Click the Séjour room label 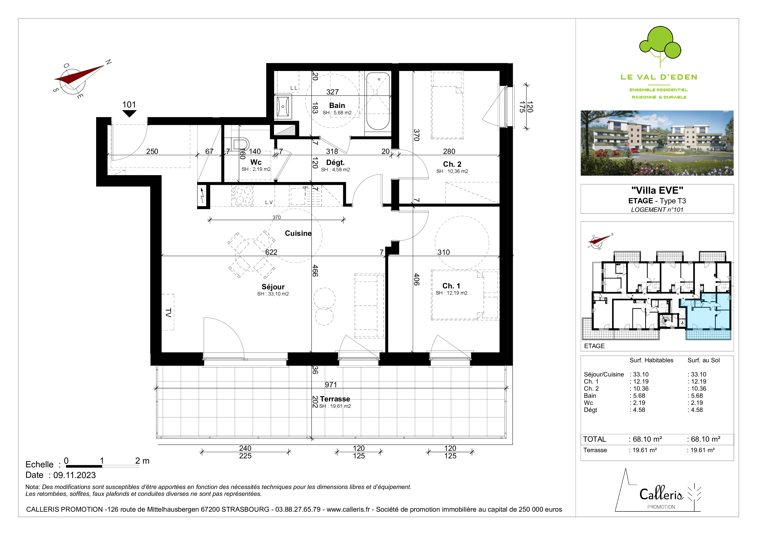click(273, 287)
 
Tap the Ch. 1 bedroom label click(451, 286)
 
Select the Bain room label click(337, 105)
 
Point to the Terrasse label click(335, 399)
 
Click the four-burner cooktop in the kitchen click(242, 196)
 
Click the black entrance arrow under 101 click(129, 113)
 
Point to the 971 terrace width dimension click(331, 384)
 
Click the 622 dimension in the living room click(271, 252)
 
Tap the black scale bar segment click(84, 466)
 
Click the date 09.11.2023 click(75, 475)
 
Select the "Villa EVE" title click(657, 190)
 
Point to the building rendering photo click(657, 143)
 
